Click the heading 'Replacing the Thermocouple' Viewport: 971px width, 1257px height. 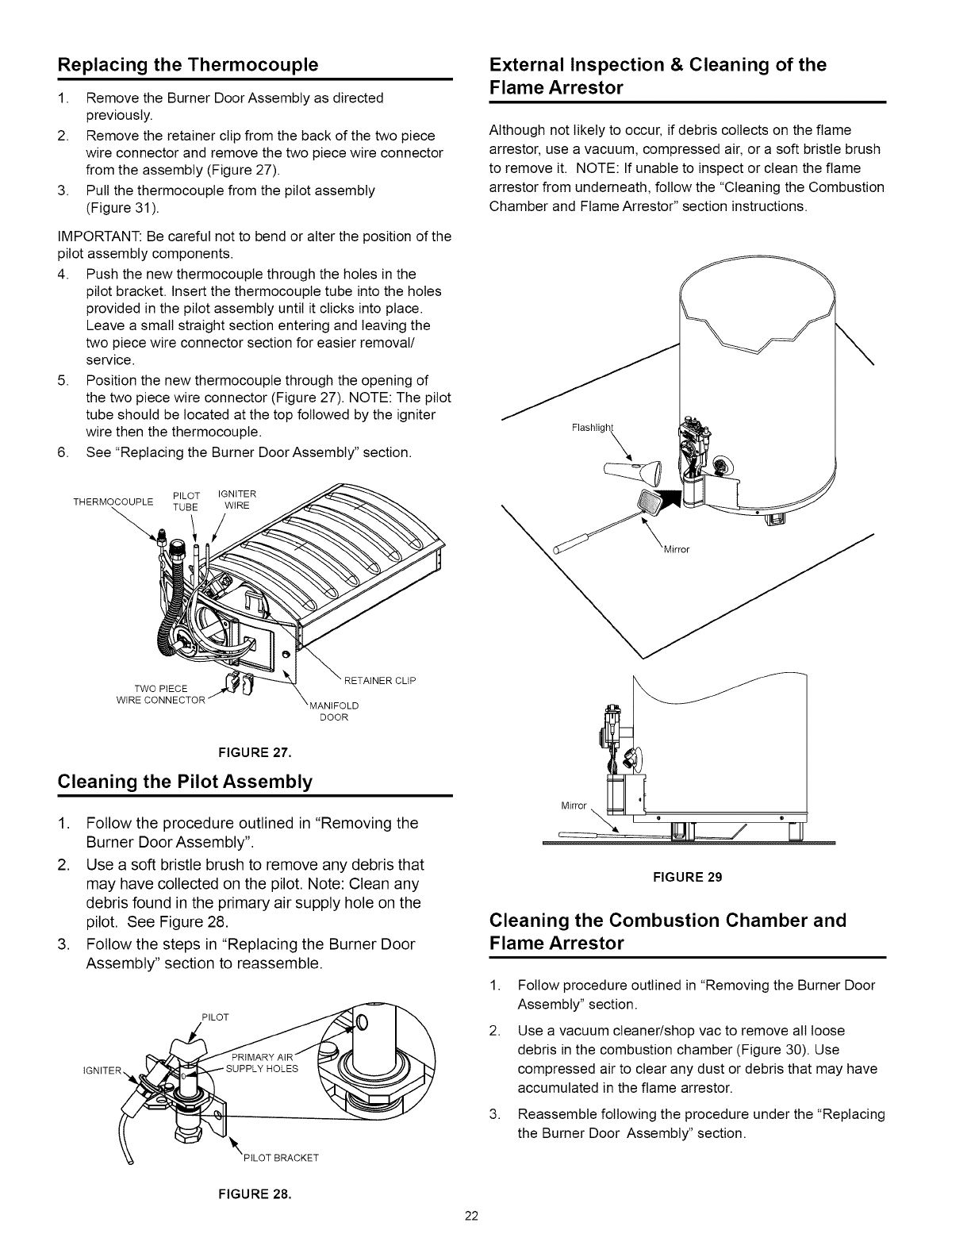pos(189,64)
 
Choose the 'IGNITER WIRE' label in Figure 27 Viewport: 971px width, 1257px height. pos(236,500)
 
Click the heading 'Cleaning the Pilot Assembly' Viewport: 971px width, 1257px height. pos(186,782)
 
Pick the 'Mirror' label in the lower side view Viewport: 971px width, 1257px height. pos(573,806)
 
